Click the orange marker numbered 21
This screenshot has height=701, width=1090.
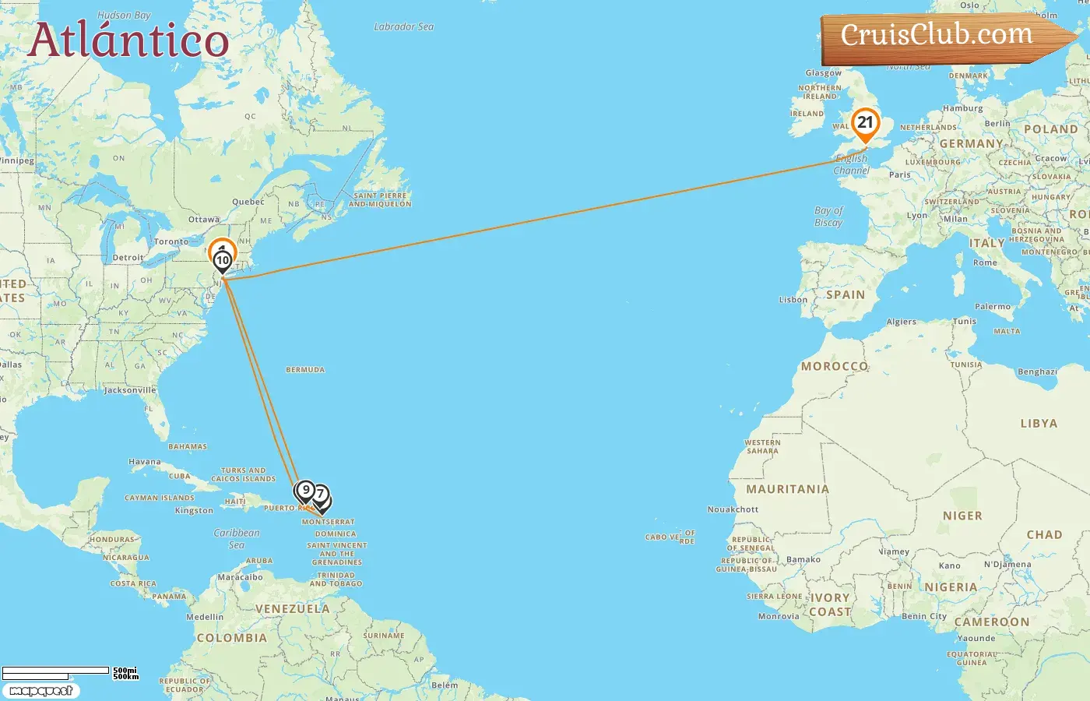pos(865,123)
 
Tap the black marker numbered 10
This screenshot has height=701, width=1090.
pos(223,260)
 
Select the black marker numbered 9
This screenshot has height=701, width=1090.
pos(305,491)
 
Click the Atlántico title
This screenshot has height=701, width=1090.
pos(129,41)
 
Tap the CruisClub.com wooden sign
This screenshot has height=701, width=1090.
pos(937,36)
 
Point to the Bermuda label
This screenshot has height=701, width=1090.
pos(305,370)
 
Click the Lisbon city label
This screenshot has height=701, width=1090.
pos(793,300)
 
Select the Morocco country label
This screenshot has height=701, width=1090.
pos(835,366)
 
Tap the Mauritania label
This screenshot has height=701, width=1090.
pos(787,489)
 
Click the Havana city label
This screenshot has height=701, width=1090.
pos(145,462)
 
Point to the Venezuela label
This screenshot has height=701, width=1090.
pos(293,609)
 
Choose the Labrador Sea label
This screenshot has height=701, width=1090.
pos(403,26)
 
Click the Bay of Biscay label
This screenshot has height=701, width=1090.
pos(828,217)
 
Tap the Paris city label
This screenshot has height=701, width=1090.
pos(900,175)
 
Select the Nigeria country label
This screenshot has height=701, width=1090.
pos(951,587)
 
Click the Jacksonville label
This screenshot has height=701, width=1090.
pos(130,390)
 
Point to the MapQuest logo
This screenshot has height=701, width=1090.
pos(40,691)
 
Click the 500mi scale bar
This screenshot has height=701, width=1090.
pos(56,671)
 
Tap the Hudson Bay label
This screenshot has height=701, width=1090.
pos(124,16)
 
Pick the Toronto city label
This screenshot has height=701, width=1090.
pos(171,241)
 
